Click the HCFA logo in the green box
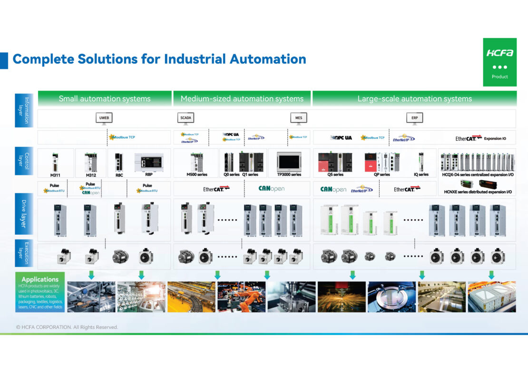click(499, 53)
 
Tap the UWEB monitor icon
click(104, 118)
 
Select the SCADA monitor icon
click(186, 118)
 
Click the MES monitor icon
click(298, 118)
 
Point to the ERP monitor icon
click(414, 118)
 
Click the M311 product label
click(55, 175)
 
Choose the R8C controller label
click(118, 175)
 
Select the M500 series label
click(197, 175)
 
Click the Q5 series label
click(335, 175)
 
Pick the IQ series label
click(420, 175)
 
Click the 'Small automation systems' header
click(105, 99)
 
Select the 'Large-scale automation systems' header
click(414, 99)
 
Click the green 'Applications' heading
click(40, 279)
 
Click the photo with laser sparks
click(342, 297)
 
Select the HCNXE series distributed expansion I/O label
click(478, 192)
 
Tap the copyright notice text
click(67, 327)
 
